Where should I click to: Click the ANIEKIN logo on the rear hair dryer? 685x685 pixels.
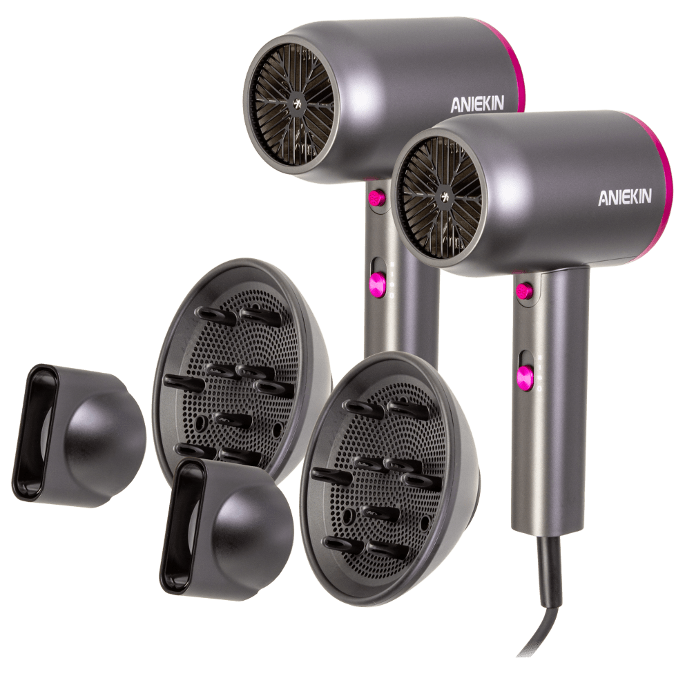(x=477, y=104)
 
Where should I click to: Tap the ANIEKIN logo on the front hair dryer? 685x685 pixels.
(x=625, y=197)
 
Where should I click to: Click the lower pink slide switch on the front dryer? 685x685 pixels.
(x=525, y=377)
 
